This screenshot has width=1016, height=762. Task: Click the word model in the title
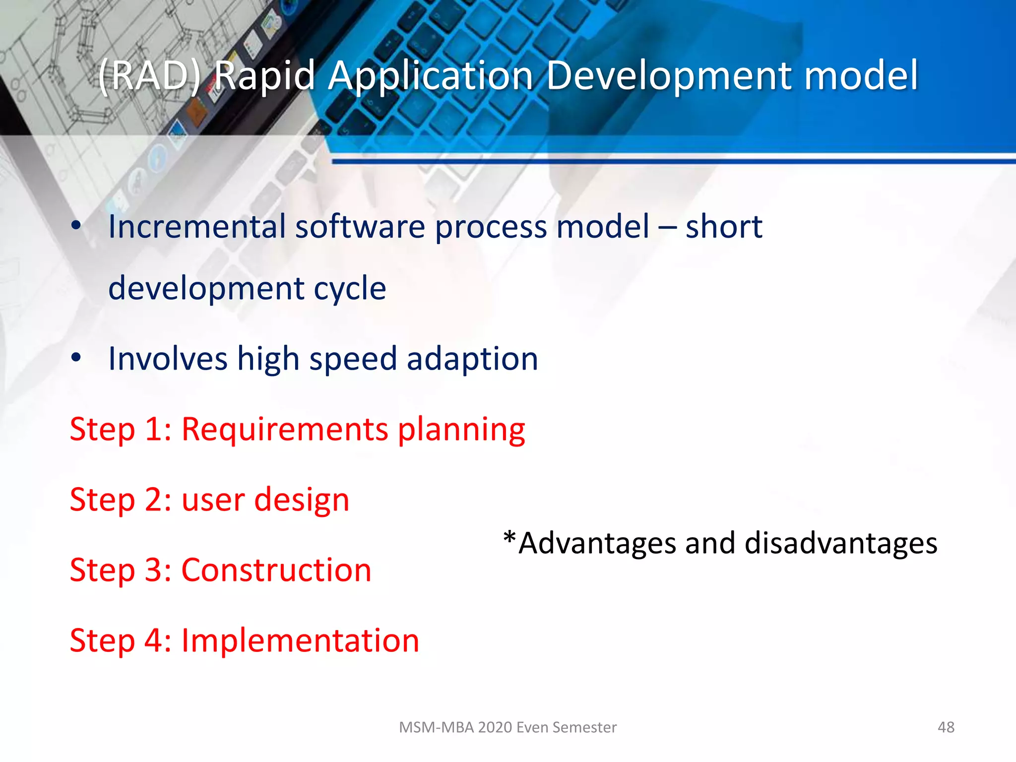(x=861, y=75)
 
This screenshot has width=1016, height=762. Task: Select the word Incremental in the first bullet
(x=197, y=227)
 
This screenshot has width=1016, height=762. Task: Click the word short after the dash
(x=723, y=227)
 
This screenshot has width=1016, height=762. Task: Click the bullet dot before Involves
(x=76, y=357)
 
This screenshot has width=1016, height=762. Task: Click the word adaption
(x=472, y=359)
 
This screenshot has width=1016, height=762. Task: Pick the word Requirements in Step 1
(x=285, y=429)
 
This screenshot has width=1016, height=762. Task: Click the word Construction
(x=276, y=570)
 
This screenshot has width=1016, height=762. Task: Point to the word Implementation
(x=300, y=640)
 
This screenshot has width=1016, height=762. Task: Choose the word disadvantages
(x=841, y=543)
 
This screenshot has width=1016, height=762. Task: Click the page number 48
(x=946, y=727)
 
